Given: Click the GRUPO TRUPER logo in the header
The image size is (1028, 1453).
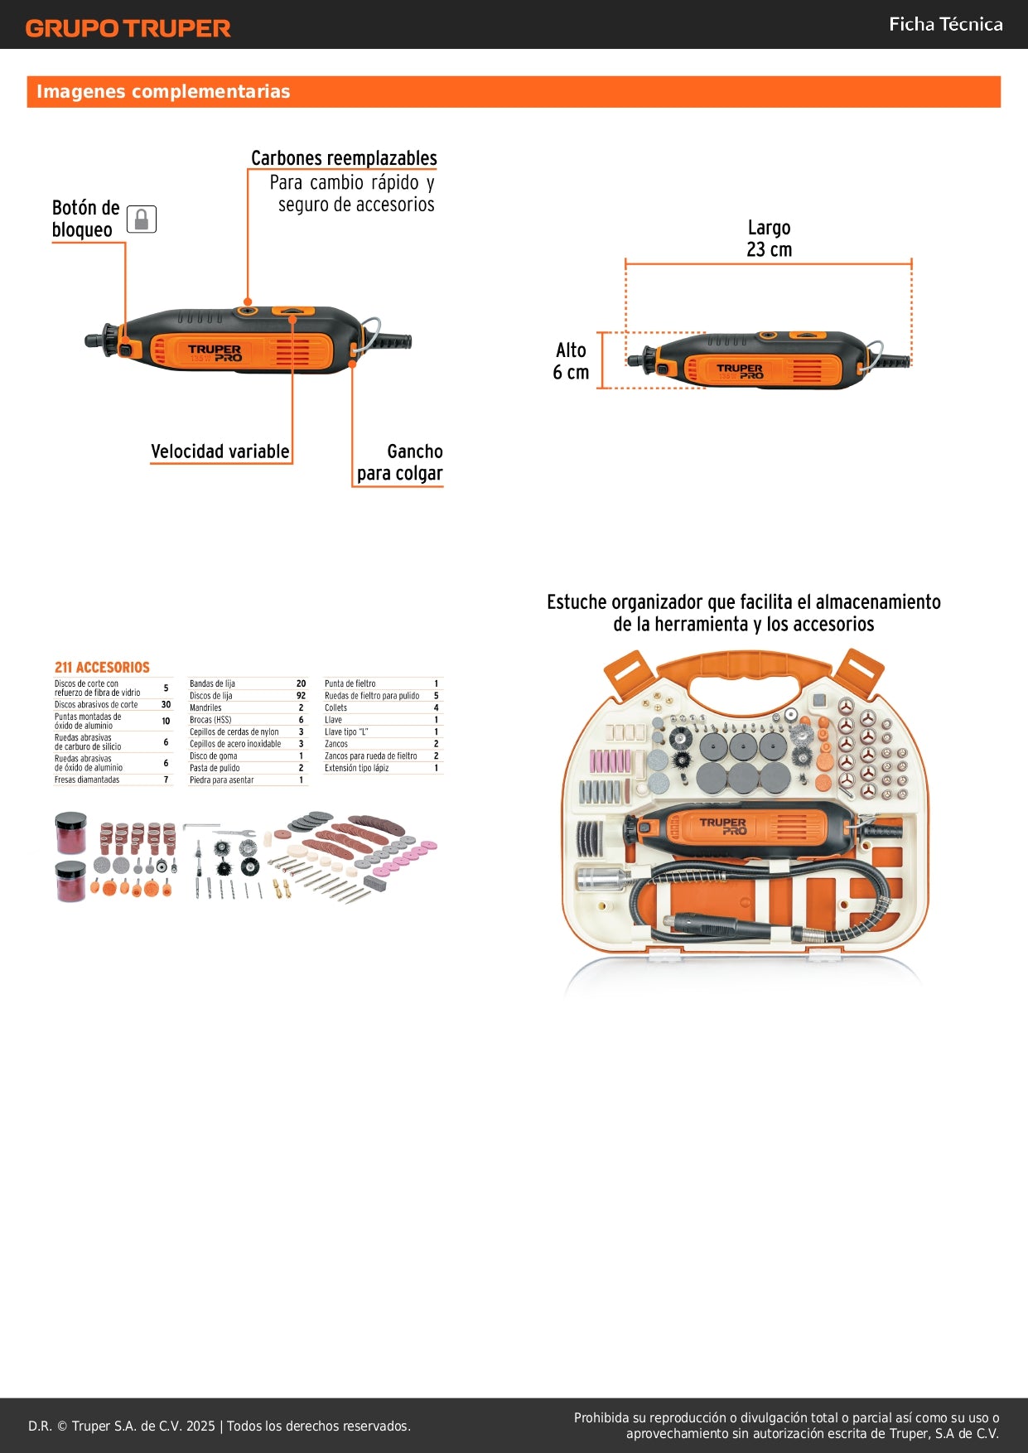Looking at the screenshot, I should [x=128, y=28].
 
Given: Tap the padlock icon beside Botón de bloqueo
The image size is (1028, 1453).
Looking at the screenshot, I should [x=142, y=220].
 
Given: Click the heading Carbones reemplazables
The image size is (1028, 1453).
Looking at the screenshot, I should [x=344, y=158].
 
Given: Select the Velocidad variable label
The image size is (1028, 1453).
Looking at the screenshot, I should [x=220, y=451].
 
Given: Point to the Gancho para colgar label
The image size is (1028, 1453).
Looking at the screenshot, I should [x=400, y=463].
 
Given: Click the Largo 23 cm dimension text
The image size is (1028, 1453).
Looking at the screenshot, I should [x=769, y=239].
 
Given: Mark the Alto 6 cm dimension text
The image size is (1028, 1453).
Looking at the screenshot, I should [x=571, y=361].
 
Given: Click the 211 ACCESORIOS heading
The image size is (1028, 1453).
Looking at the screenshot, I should [x=102, y=667].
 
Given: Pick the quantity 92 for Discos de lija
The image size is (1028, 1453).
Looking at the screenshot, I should [x=301, y=696].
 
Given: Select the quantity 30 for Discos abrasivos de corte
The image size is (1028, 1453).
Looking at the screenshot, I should [x=166, y=705].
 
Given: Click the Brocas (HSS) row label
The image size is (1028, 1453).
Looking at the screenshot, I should [x=210, y=720].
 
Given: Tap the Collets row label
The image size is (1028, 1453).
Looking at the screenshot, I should [x=335, y=708].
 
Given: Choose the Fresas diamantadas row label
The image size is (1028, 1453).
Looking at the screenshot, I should [x=87, y=780].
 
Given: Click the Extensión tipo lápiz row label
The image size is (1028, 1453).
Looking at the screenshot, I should [x=356, y=768].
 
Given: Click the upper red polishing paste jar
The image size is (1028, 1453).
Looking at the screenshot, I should [x=71, y=833].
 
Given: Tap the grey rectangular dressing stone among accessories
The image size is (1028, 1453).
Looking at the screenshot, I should [x=374, y=884].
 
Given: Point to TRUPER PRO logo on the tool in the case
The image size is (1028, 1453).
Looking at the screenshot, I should [x=722, y=826].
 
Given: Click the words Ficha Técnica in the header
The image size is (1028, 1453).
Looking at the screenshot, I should [x=945, y=25].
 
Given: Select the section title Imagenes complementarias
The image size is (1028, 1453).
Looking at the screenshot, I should [x=163, y=92].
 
